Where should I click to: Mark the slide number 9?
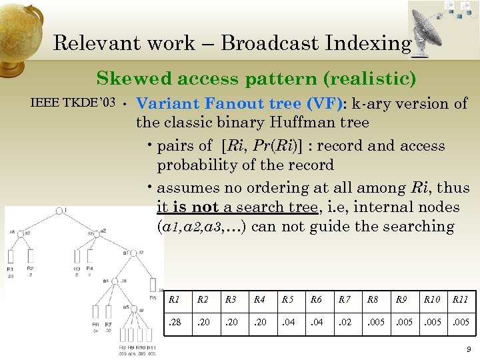coord(469,349)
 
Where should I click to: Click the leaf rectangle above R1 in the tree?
coord(11,256)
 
